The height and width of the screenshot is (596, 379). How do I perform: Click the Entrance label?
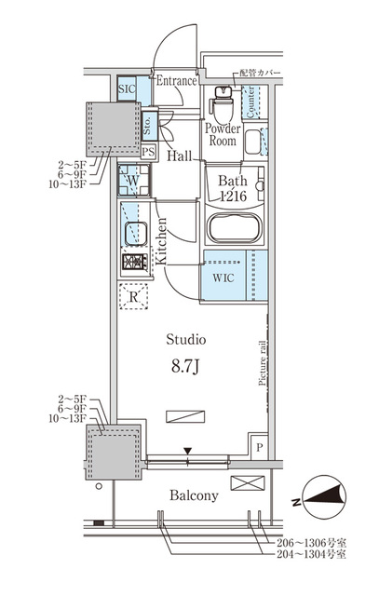point(176,81)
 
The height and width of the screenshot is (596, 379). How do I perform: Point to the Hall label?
point(180,156)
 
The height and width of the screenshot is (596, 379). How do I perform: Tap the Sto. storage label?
point(147,121)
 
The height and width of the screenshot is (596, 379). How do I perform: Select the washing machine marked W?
point(133,181)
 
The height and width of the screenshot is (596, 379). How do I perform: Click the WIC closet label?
point(223,278)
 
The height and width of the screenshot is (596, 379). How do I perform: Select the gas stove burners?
point(133,264)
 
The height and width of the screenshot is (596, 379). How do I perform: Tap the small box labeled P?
point(259,448)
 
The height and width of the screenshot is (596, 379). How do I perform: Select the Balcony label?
point(194,495)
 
